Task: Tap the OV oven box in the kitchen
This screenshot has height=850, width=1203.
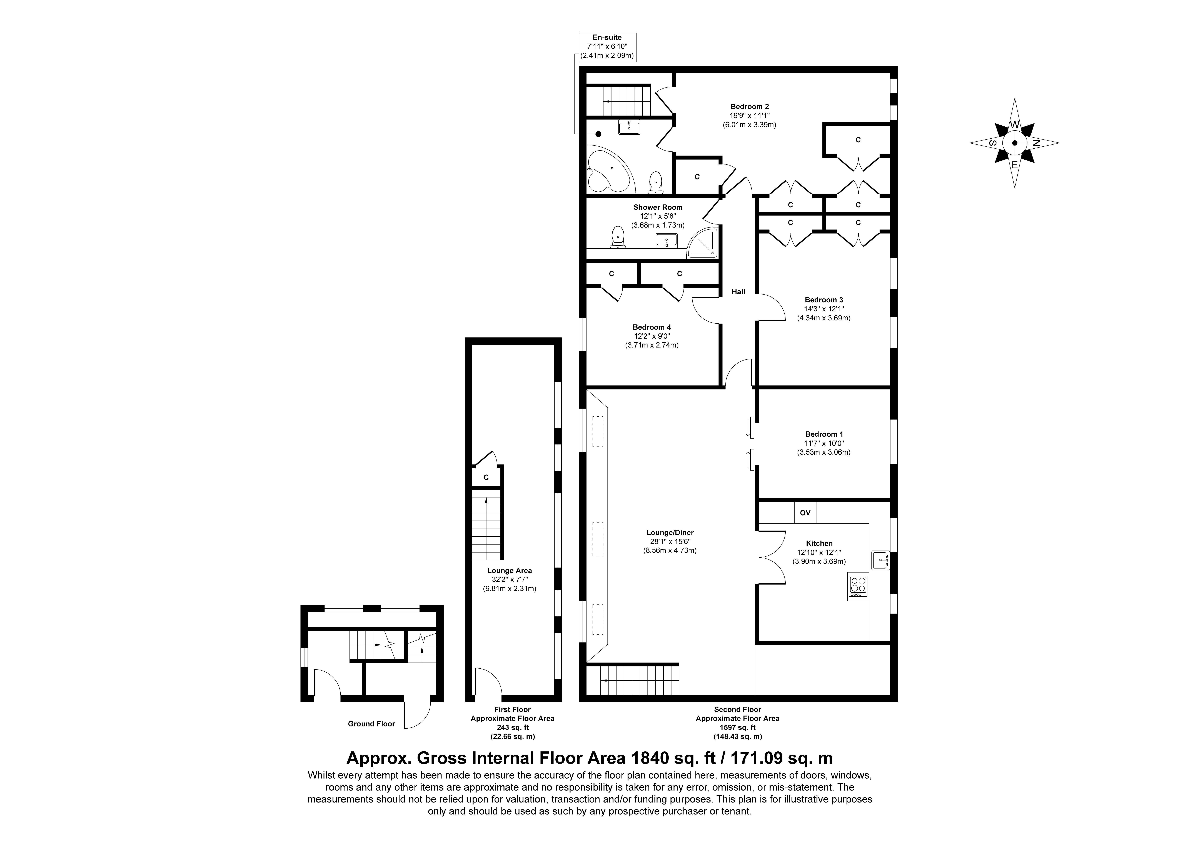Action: point(805,512)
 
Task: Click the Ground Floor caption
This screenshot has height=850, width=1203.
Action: point(371,724)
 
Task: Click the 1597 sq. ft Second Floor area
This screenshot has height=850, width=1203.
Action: point(738,727)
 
